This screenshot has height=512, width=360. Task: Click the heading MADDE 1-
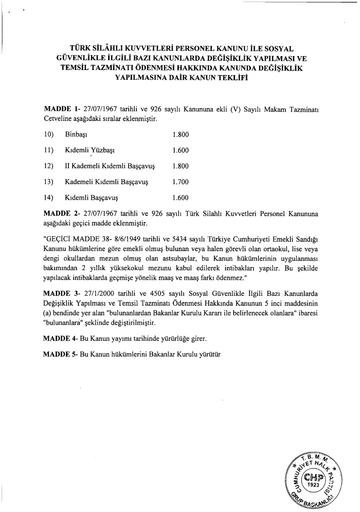click(x=62, y=110)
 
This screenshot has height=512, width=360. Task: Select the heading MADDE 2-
click(x=62, y=213)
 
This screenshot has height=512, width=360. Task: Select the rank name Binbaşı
click(x=76, y=134)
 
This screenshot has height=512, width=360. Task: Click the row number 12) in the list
click(x=50, y=166)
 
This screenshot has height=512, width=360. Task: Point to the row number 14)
click(x=50, y=198)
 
